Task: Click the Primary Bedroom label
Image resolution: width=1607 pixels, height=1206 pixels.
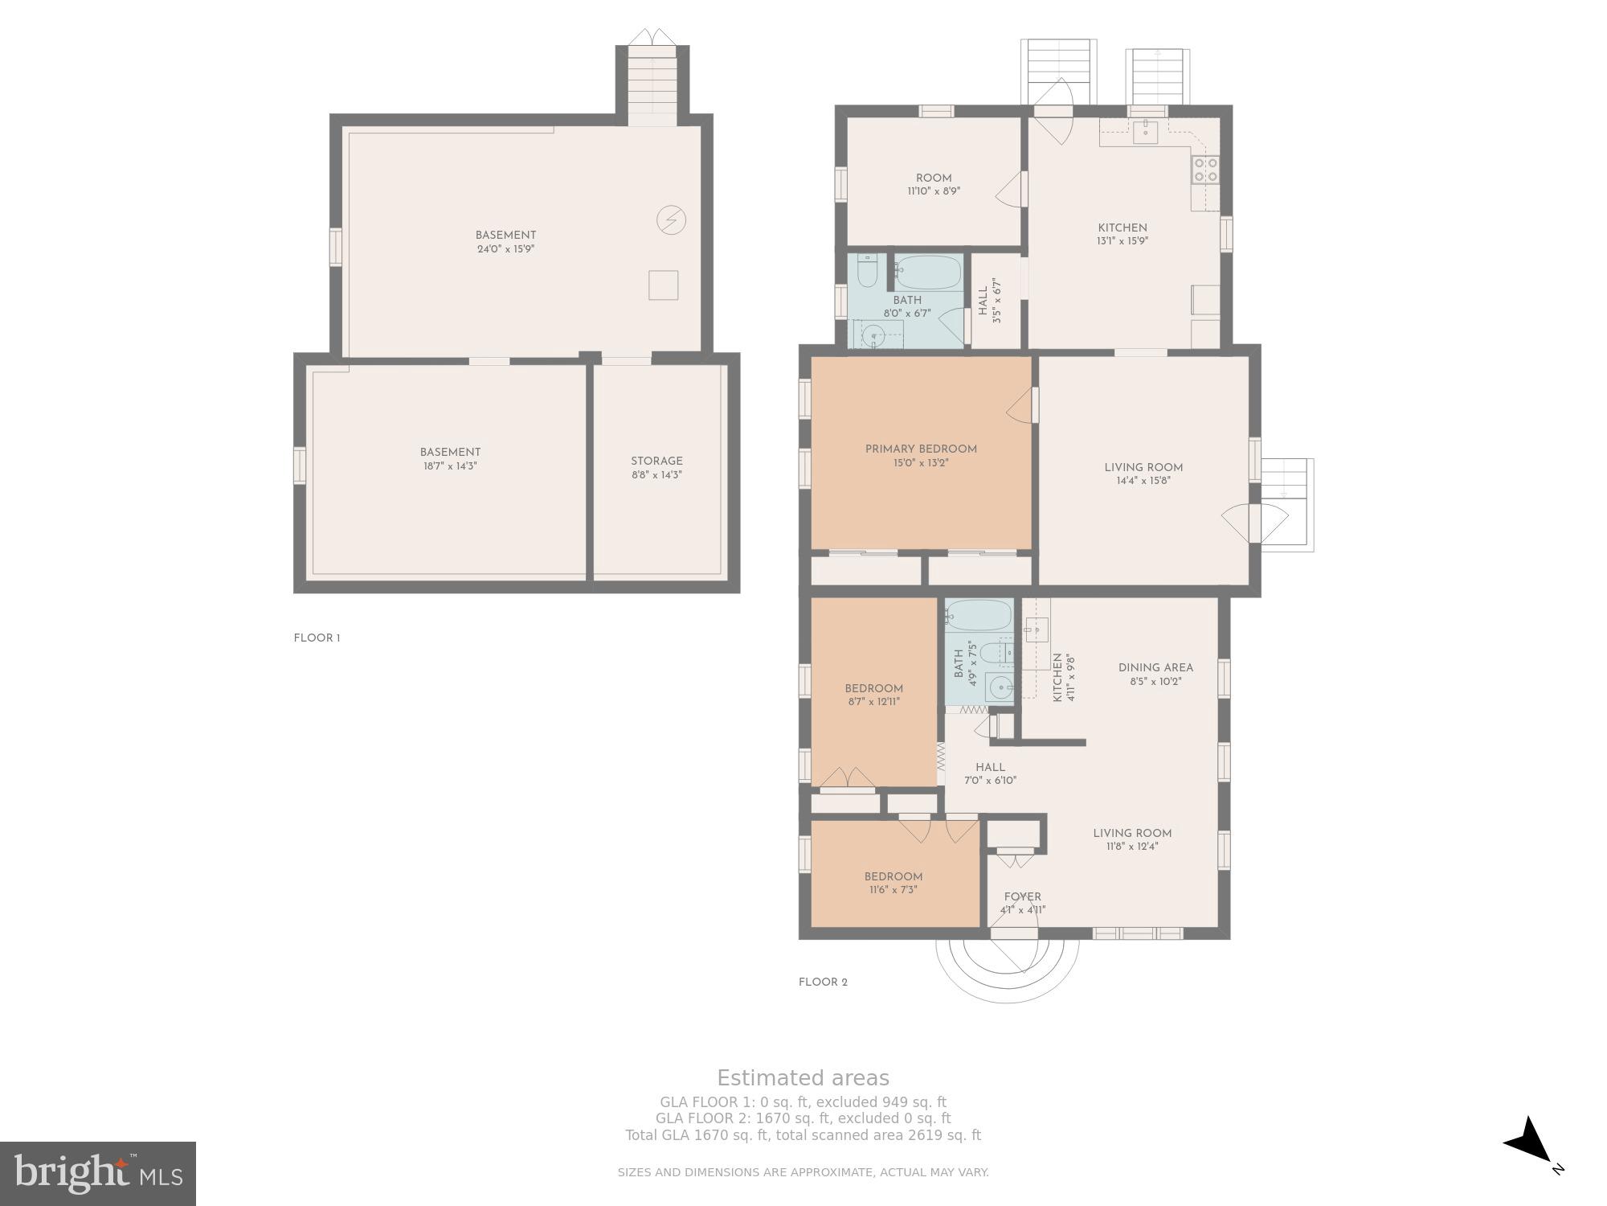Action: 921,449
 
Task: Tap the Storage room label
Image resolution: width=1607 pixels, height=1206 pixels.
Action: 656,461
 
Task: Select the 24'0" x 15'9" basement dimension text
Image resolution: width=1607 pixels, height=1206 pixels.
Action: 505,249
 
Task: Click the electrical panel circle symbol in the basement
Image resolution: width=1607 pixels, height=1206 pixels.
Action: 672,219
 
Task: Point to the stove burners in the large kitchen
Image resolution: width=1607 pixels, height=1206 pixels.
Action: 1205,169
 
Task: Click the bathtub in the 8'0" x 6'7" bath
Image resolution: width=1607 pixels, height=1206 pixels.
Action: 928,272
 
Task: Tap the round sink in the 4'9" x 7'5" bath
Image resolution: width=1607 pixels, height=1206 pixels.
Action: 1000,687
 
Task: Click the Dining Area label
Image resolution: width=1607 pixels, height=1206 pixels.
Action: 1155,667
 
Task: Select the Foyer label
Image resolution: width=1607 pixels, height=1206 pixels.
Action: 1023,896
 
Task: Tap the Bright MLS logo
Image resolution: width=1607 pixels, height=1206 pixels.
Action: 98,1173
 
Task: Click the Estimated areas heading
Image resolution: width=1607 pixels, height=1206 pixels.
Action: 803,1078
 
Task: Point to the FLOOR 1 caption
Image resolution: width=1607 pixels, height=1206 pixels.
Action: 317,638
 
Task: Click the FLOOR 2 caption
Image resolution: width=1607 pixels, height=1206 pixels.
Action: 823,982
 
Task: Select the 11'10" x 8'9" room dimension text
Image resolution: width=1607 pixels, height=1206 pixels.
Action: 934,191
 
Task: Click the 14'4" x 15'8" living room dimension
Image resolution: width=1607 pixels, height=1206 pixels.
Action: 1143,481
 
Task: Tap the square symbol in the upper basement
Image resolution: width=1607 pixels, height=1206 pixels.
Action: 663,285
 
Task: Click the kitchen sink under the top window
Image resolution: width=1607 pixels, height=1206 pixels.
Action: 1145,132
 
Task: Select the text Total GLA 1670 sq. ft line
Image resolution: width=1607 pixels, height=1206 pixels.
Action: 803,1135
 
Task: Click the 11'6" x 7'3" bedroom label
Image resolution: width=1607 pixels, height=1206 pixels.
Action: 893,890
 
